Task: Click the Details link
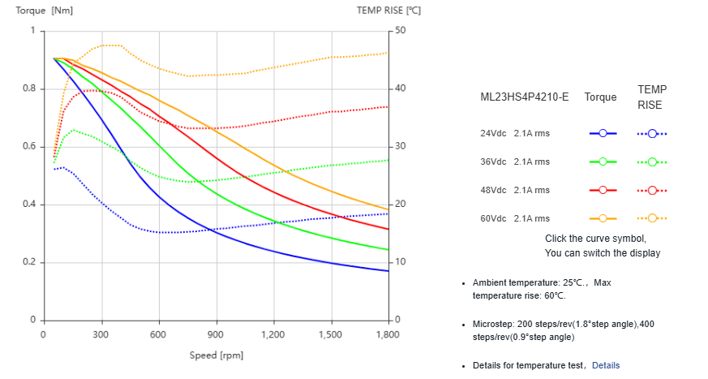pyautogui.click(x=605, y=366)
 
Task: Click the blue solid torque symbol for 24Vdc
pyautogui.click(x=603, y=133)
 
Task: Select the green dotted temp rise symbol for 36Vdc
pyautogui.click(x=652, y=162)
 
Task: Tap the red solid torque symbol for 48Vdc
pyautogui.click(x=603, y=190)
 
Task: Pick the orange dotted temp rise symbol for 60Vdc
pyautogui.click(x=652, y=218)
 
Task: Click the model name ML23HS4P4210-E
pyautogui.click(x=524, y=97)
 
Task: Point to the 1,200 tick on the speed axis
pyautogui.click(x=273, y=334)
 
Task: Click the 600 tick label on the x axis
pyautogui.click(x=158, y=334)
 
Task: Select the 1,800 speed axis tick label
pyautogui.click(x=388, y=334)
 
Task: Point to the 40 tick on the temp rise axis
pyautogui.click(x=400, y=88)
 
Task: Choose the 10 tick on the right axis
pyautogui.click(x=400, y=262)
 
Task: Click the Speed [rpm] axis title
pyautogui.click(x=217, y=355)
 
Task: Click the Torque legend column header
pyautogui.click(x=600, y=97)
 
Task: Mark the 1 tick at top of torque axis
pyautogui.click(x=33, y=31)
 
